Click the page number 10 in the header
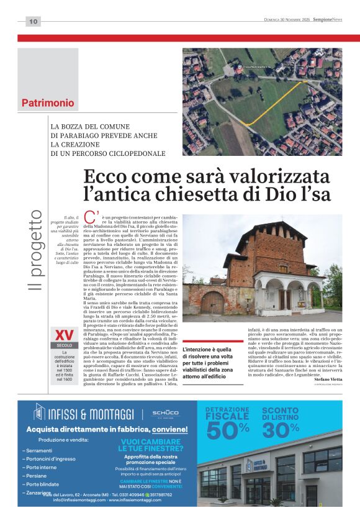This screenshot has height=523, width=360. [x=33, y=22]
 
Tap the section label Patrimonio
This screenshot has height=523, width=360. [x=48, y=102]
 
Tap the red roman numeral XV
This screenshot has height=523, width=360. [x=64, y=334]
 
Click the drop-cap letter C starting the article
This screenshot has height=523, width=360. [x=90, y=218]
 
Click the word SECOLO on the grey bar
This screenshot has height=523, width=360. [x=64, y=345]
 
